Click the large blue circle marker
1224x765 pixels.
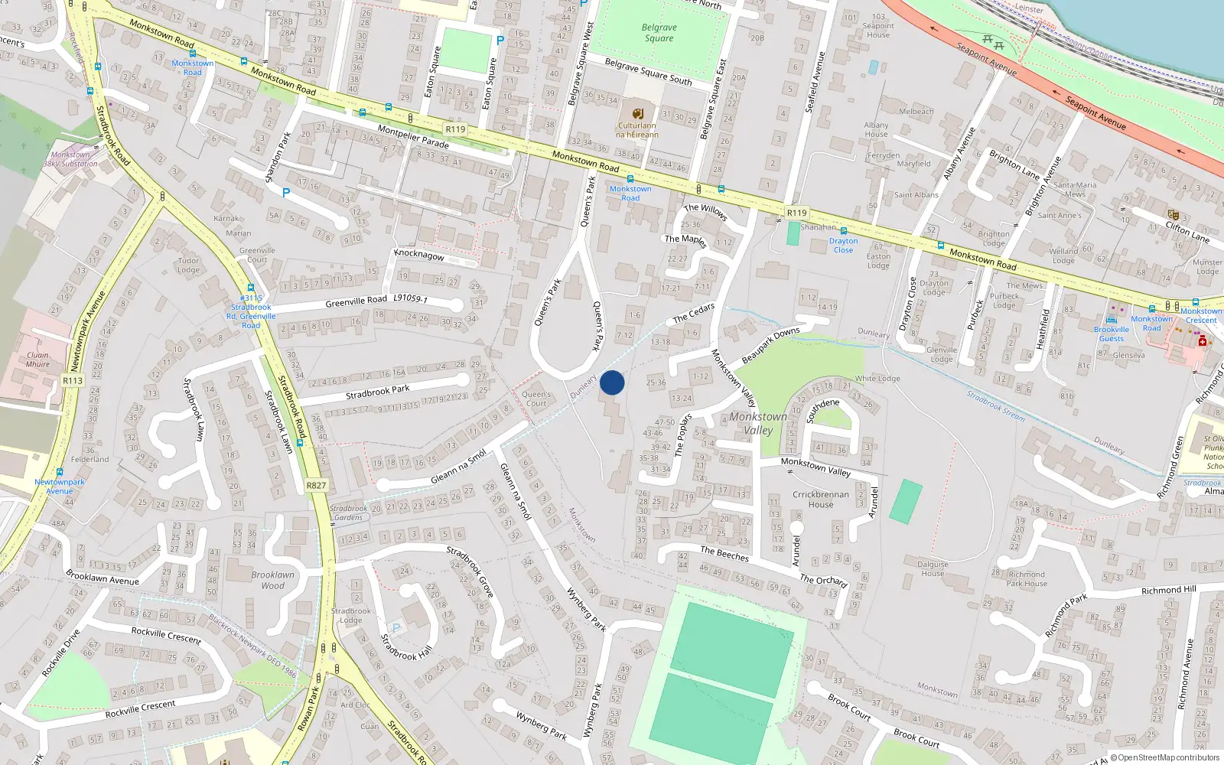[x=612, y=382]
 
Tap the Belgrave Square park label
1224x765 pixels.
[x=659, y=33]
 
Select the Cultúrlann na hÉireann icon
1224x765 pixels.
[x=638, y=114]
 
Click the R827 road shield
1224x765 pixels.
[x=316, y=485]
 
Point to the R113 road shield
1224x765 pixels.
[x=73, y=380]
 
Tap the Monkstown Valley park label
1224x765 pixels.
[x=757, y=423]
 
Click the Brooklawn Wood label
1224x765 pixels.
[x=272, y=580]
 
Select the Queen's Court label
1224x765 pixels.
[x=536, y=399]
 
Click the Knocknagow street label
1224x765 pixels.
[x=418, y=254]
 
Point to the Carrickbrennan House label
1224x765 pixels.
[x=821, y=499]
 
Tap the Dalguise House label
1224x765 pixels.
[x=933, y=568]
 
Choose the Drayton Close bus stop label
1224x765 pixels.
[x=843, y=245]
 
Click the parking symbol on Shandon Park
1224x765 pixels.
[x=286, y=193]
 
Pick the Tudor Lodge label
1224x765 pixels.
[x=188, y=265]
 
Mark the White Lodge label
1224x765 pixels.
[x=877, y=379]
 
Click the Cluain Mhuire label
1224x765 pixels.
[x=37, y=360]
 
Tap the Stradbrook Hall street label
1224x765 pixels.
[x=406, y=647]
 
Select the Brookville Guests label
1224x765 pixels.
[x=1111, y=334]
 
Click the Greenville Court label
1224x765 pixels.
[x=257, y=255]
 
